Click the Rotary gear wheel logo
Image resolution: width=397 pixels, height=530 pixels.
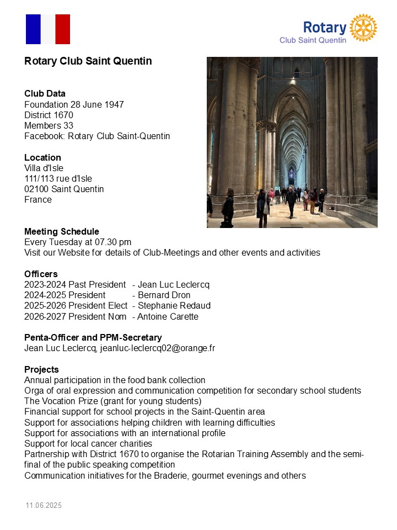coord(364,28)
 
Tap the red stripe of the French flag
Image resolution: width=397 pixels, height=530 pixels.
coord(63,29)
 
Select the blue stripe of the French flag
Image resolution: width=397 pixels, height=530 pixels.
coord(33,29)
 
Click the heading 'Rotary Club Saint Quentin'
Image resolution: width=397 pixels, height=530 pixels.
coord(88,61)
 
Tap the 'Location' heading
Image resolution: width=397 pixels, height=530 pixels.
coord(42,157)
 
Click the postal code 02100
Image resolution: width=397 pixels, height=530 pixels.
coord(36,189)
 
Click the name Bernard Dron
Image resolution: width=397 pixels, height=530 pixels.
coord(164,295)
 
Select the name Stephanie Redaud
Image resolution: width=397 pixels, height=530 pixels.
coord(174,306)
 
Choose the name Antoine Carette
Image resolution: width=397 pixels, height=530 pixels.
coord(168,316)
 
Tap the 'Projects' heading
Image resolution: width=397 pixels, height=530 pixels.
coord(41,369)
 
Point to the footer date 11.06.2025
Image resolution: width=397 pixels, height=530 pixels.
coord(44,506)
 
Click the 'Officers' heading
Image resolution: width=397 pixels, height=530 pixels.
coord(41,274)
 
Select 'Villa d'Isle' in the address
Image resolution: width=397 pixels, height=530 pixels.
coord(44,168)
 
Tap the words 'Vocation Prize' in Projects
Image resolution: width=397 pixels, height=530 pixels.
coord(68,401)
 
